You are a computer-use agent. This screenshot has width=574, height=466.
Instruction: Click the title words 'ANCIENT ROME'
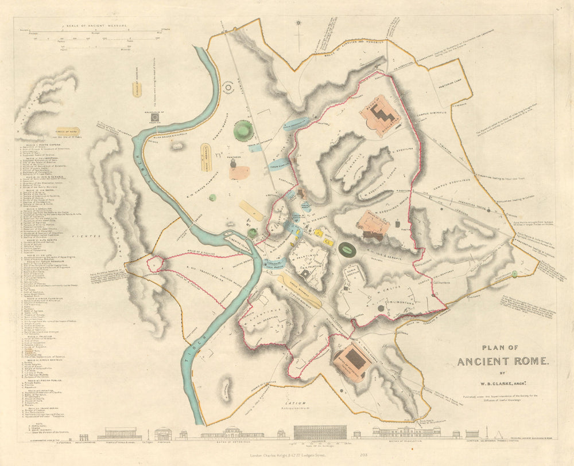(503, 361)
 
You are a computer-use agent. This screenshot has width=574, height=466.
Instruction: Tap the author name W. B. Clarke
(503, 384)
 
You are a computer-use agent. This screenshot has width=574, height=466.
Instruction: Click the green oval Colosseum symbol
(347, 249)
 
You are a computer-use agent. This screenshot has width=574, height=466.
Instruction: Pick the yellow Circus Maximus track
(299, 289)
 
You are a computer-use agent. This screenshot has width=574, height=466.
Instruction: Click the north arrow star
(298, 24)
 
